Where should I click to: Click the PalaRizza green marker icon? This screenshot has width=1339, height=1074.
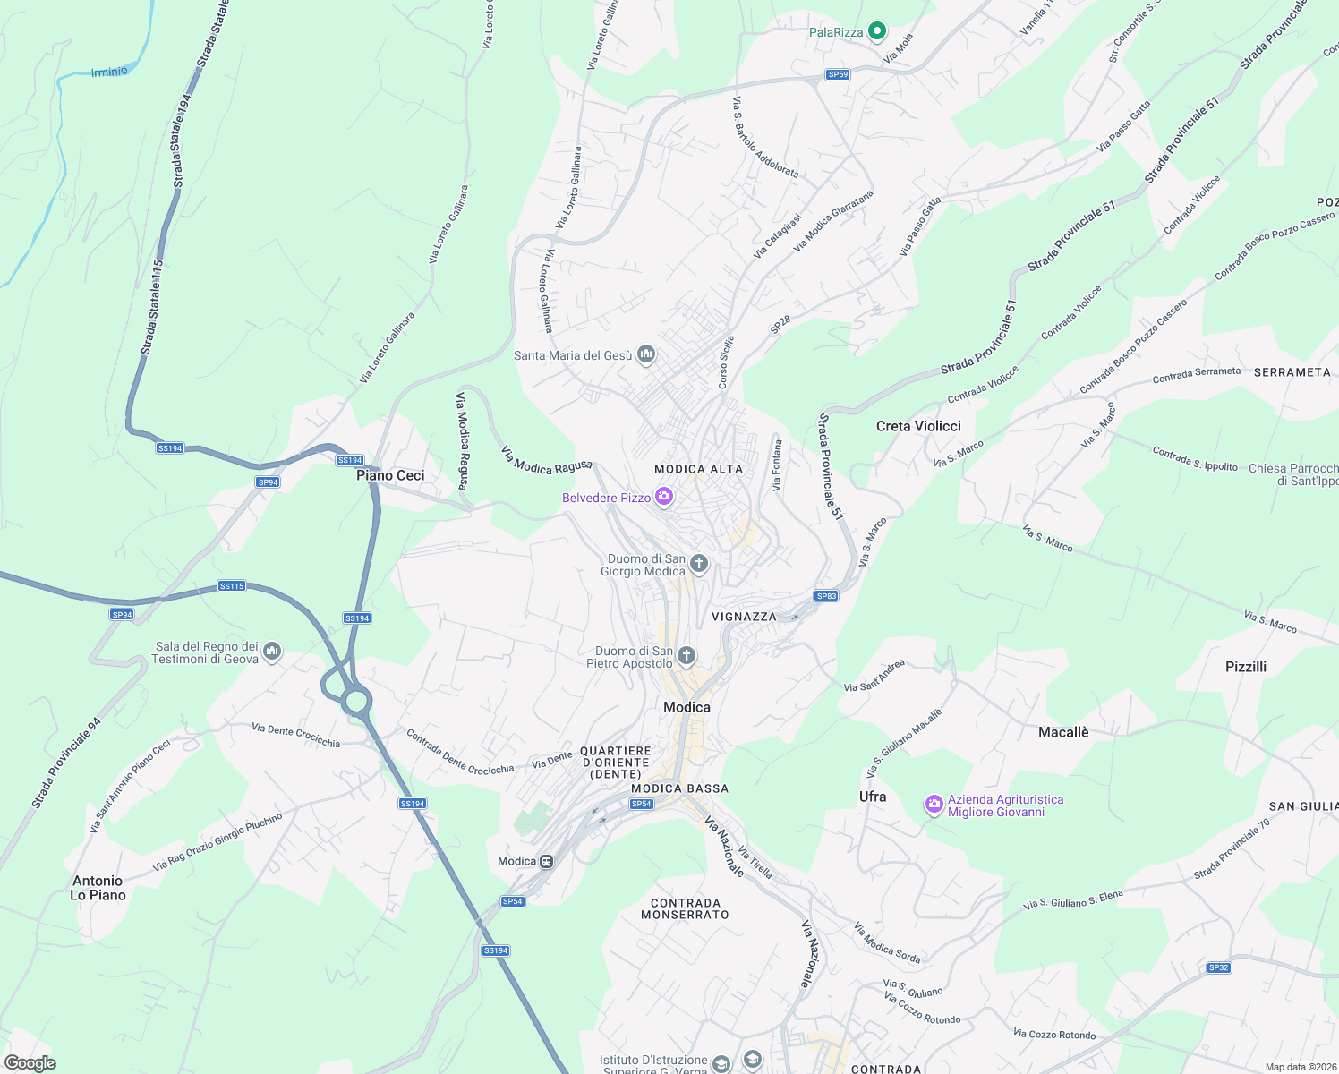(x=877, y=32)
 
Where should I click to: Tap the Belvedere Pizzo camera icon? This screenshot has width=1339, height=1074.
(x=664, y=497)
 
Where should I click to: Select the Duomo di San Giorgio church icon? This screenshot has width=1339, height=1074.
(x=699, y=564)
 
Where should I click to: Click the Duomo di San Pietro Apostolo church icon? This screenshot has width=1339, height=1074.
(x=687, y=657)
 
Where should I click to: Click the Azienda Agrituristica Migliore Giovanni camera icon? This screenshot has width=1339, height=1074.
(x=934, y=805)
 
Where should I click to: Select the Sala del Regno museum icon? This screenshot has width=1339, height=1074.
(x=273, y=652)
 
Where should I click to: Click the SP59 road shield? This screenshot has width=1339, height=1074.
(x=838, y=74)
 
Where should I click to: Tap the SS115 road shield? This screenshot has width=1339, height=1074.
(x=232, y=586)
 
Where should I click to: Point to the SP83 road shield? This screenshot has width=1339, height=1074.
(x=826, y=596)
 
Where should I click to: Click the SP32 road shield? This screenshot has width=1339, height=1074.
(x=1218, y=967)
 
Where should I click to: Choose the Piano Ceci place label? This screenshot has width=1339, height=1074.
(x=390, y=475)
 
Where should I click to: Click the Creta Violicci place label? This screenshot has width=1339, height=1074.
(x=918, y=426)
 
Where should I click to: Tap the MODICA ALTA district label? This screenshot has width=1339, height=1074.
(x=698, y=469)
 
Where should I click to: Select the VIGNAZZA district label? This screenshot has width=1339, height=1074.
(x=744, y=617)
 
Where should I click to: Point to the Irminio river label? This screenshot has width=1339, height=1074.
(x=109, y=72)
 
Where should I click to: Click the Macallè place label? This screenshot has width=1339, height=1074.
(x=1063, y=732)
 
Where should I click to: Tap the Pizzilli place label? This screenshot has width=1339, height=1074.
(x=1246, y=666)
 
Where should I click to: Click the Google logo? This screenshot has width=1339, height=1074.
(x=30, y=1062)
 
